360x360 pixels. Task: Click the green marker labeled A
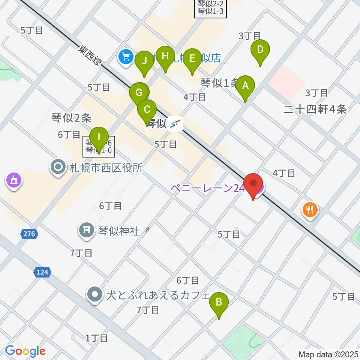pos(245,86)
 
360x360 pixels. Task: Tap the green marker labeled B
pos(219,302)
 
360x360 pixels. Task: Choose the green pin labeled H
pos(165,56)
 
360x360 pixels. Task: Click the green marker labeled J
pos(144,60)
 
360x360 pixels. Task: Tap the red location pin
pos(253,184)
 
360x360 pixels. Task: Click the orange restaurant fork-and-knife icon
pos(310,209)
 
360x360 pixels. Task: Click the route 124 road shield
pos(43,272)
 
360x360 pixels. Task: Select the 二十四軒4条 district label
pos(315,109)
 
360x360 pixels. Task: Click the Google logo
pos(25,351)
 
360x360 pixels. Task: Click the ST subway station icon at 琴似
pos(175,123)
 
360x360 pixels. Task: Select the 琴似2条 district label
pos(71,118)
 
